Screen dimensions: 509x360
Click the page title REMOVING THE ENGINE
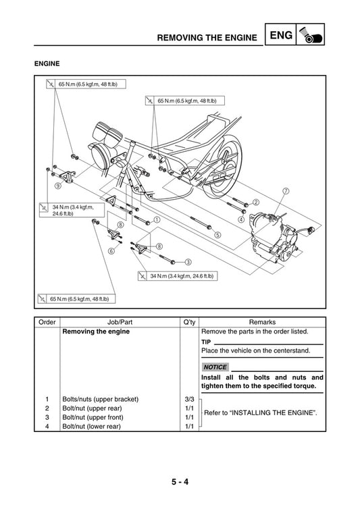[x=206, y=38]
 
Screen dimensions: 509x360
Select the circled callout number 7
[x=286, y=191]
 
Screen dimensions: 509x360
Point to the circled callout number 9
[x=58, y=186]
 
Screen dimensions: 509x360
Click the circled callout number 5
[x=217, y=235]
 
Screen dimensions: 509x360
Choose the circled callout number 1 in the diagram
[x=157, y=219]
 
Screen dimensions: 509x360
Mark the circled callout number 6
[x=111, y=250]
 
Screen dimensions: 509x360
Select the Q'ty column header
[x=189, y=322]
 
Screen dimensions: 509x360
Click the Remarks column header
[x=262, y=322]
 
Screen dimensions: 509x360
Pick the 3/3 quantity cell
[x=189, y=399]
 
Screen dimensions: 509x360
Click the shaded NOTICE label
[x=215, y=367]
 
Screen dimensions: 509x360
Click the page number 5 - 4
[x=180, y=483]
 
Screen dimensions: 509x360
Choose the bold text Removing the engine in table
[x=95, y=331]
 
